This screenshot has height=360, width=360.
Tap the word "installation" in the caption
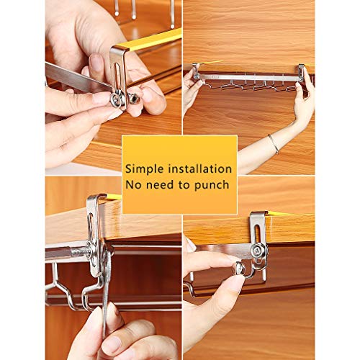click(x=199, y=169)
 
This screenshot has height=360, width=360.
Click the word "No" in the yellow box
click(x=135, y=185)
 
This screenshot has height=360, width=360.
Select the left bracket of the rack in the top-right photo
click(x=196, y=71)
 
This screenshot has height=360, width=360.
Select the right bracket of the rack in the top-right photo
click(x=302, y=73)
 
